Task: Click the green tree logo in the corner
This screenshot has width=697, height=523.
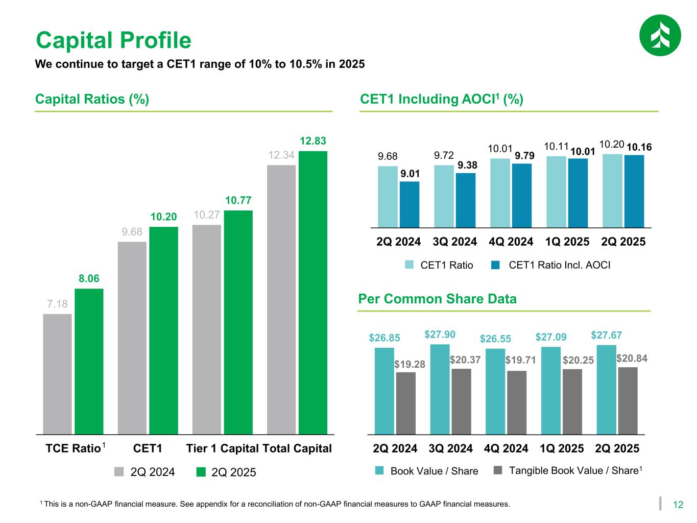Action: (660, 35)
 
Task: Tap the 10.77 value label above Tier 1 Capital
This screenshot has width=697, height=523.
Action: (238, 200)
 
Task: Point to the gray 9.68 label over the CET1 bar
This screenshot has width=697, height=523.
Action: (132, 232)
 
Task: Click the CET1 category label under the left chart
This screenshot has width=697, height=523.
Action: (148, 448)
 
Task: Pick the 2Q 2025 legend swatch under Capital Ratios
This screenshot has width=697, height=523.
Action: (202, 472)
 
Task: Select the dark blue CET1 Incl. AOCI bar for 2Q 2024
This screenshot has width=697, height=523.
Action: (409, 204)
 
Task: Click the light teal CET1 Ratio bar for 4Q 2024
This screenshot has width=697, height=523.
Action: (500, 193)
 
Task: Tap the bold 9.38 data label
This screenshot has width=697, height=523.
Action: (467, 165)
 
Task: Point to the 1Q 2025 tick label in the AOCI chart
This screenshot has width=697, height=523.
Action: (567, 242)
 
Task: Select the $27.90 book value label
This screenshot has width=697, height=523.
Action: (440, 335)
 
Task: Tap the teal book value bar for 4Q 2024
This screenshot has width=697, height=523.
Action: (495, 391)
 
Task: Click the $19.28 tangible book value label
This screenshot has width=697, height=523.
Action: (410, 364)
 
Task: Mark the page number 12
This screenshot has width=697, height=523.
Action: (678, 505)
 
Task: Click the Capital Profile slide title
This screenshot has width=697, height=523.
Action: (113, 40)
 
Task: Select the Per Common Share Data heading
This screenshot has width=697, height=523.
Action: (438, 299)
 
